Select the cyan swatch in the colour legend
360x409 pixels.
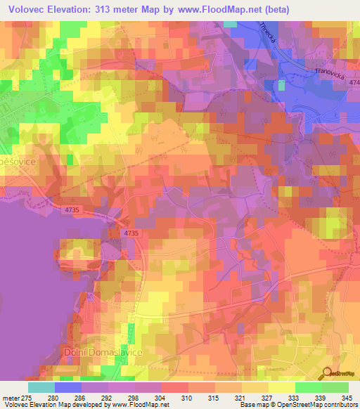(41, 387)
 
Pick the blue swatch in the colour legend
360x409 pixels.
(67, 387)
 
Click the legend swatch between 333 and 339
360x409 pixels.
(309, 387)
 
